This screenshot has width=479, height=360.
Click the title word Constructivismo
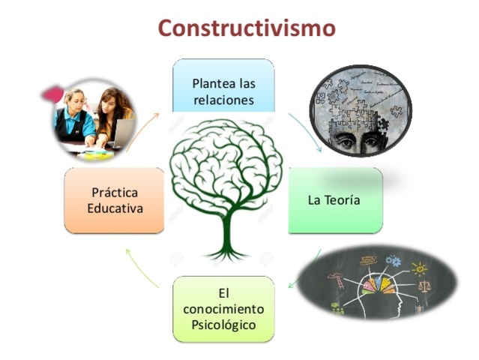tap(246, 28)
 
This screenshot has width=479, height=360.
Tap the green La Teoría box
tap(334, 200)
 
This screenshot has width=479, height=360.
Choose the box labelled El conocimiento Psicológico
tap(223, 308)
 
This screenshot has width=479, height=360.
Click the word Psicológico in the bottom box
tap(223, 325)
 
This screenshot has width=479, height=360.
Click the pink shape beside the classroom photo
tap(50, 94)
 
